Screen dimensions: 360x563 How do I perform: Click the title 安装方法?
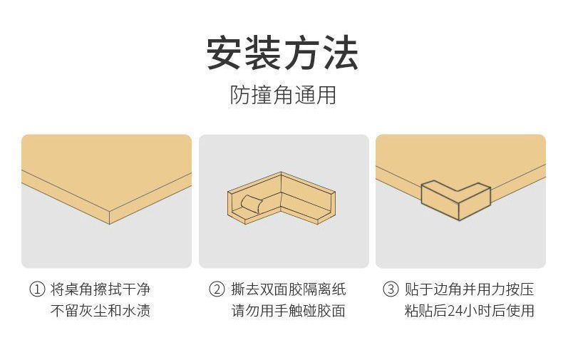click(282, 53)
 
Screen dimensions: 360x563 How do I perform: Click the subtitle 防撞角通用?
click(282, 95)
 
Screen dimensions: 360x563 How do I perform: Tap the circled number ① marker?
click(36, 289)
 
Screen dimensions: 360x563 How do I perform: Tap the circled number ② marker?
click(216, 289)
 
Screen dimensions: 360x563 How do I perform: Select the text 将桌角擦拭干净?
click(100, 289)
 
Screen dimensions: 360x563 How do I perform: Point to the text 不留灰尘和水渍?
click(100, 311)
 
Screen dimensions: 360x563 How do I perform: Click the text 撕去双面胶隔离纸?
click(289, 289)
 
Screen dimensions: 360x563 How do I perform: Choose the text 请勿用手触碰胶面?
click(289, 311)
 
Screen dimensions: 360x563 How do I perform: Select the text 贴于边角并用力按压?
click(469, 289)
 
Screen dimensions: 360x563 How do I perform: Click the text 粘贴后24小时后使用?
click(469, 311)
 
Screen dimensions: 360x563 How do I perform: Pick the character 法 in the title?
click(339, 53)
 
